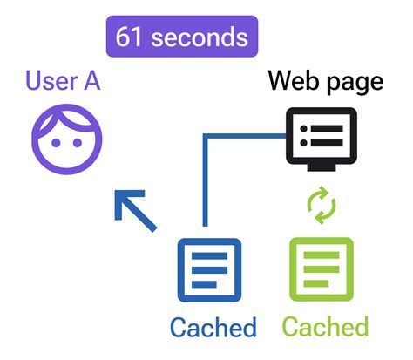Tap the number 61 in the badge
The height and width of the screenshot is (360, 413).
tap(132, 37)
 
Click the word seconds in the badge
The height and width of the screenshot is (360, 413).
tap(200, 37)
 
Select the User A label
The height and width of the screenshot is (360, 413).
tap(64, 83)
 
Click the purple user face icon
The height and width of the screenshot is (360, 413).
tap(67, 142)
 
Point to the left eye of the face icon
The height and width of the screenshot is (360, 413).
tap(53, 147)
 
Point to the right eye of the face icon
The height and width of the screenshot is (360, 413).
tap(81, 147)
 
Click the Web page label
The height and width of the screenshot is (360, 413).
tap(325, 82)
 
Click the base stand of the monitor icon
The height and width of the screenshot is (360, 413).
tap(322, 166)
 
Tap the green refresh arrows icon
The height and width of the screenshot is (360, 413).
tap(322, 207)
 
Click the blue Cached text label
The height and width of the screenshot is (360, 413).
tap(213, 327)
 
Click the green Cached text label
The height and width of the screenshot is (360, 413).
tap(326, 327)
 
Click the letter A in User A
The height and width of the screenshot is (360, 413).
tap(89, 83)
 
